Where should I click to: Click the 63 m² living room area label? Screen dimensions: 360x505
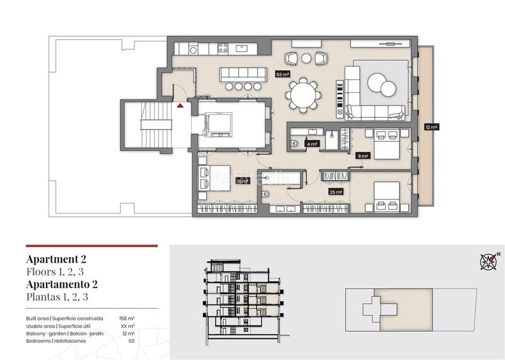click(x=282, y=75)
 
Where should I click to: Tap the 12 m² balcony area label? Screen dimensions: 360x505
click(x=432, y=127)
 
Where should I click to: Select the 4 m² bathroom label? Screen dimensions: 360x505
click(x=311, y=144)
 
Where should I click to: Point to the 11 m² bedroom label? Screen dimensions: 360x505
click(x=362, y=155)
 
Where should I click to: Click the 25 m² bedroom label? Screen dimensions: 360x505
click(x=336, y=192)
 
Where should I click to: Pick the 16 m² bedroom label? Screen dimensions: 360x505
click(x=242, y=181)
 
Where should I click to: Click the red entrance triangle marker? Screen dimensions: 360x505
click(x=181, y=106)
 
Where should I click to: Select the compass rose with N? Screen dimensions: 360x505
click(x=488, y=260)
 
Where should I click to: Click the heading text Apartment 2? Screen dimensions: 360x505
click(x=56, y=259)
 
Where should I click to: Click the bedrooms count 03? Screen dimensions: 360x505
click(x=131, y=341)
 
